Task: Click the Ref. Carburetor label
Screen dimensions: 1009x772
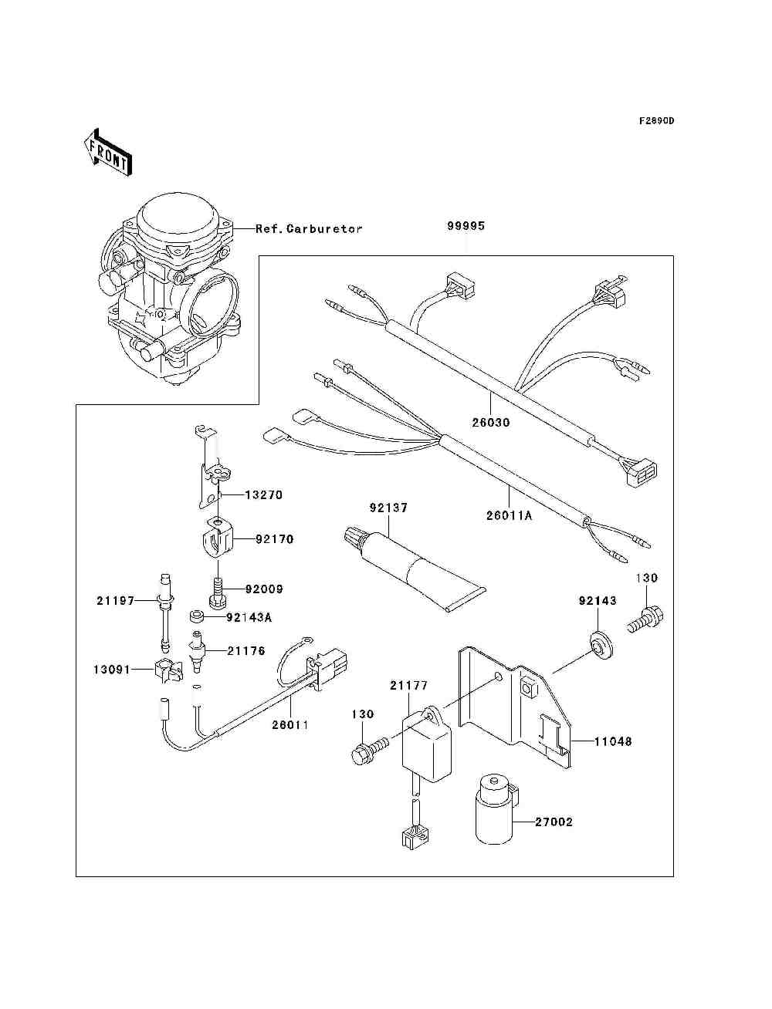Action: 309,229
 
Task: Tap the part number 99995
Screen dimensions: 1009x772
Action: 466,227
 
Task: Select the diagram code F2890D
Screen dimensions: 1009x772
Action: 656,121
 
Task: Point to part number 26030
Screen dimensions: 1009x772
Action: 491,423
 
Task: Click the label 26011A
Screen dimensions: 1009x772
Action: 509,516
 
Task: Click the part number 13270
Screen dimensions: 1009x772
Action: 263,495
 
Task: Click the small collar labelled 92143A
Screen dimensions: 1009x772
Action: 198,616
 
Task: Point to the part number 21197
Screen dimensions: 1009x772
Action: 115,600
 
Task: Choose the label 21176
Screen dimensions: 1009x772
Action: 246,651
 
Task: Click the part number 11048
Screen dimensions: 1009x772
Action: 613,741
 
